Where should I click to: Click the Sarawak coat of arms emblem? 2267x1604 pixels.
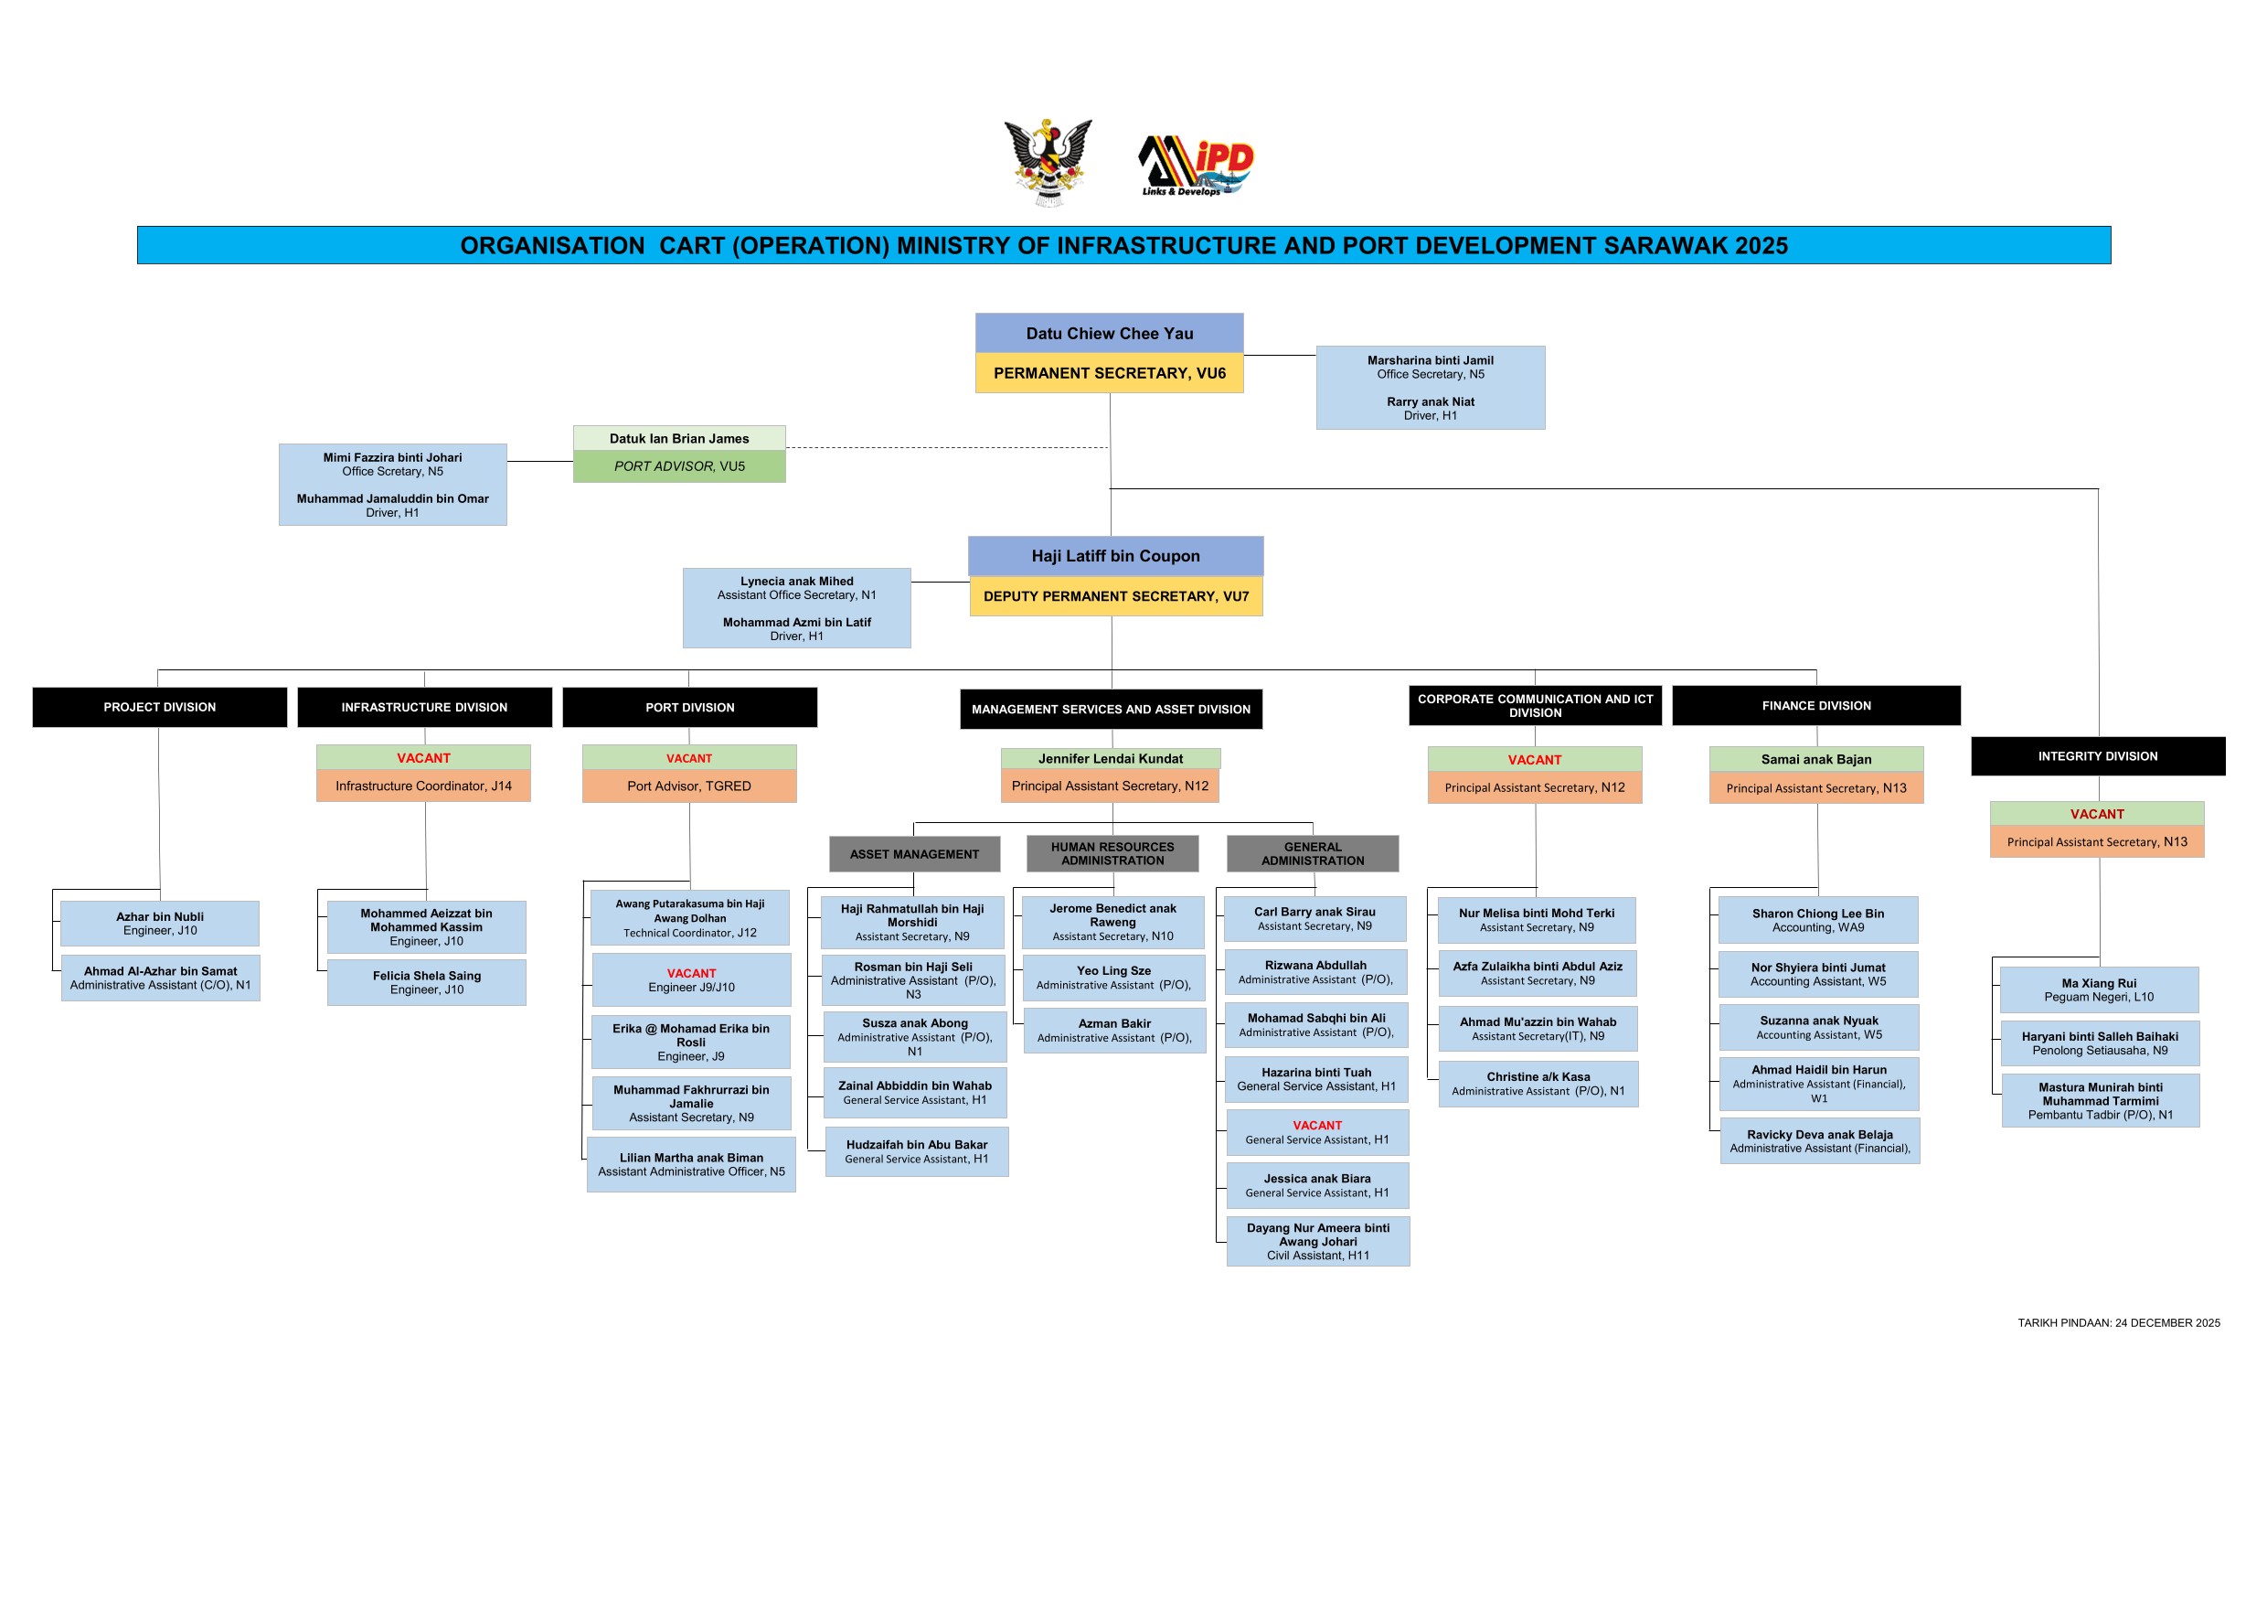coord(1048,162)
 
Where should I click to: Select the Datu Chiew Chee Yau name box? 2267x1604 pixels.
coord(1109,334)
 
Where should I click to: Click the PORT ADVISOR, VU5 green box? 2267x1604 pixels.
coord(679,466)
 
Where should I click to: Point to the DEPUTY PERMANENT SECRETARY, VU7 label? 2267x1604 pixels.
coord(1116,596)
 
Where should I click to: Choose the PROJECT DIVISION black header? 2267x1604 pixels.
coord(160,707)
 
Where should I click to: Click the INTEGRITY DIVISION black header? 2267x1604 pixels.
coord(2097,756)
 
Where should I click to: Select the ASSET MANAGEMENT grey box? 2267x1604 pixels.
coord(914,854)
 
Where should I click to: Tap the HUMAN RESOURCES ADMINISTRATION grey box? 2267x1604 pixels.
coord(1112,854)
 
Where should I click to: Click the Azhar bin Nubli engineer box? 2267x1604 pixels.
coord(160,924)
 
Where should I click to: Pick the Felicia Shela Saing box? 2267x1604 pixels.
coord(427,983)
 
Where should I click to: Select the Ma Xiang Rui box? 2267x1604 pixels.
coord(2098,989)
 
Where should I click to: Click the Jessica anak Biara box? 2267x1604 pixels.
coord(1317,1185)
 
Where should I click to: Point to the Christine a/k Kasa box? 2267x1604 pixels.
coord(1538,1084)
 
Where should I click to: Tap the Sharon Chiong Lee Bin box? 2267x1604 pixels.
coord(1818,921)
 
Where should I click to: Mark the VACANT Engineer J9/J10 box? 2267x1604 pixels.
coord(691,979)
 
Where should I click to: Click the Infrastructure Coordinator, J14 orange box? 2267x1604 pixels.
coord(423,786)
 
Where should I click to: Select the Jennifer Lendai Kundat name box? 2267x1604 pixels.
coord(1110,758)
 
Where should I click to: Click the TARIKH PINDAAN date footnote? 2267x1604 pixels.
coord(2118,1322)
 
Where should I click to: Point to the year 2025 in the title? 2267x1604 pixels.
coord(1761,246)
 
